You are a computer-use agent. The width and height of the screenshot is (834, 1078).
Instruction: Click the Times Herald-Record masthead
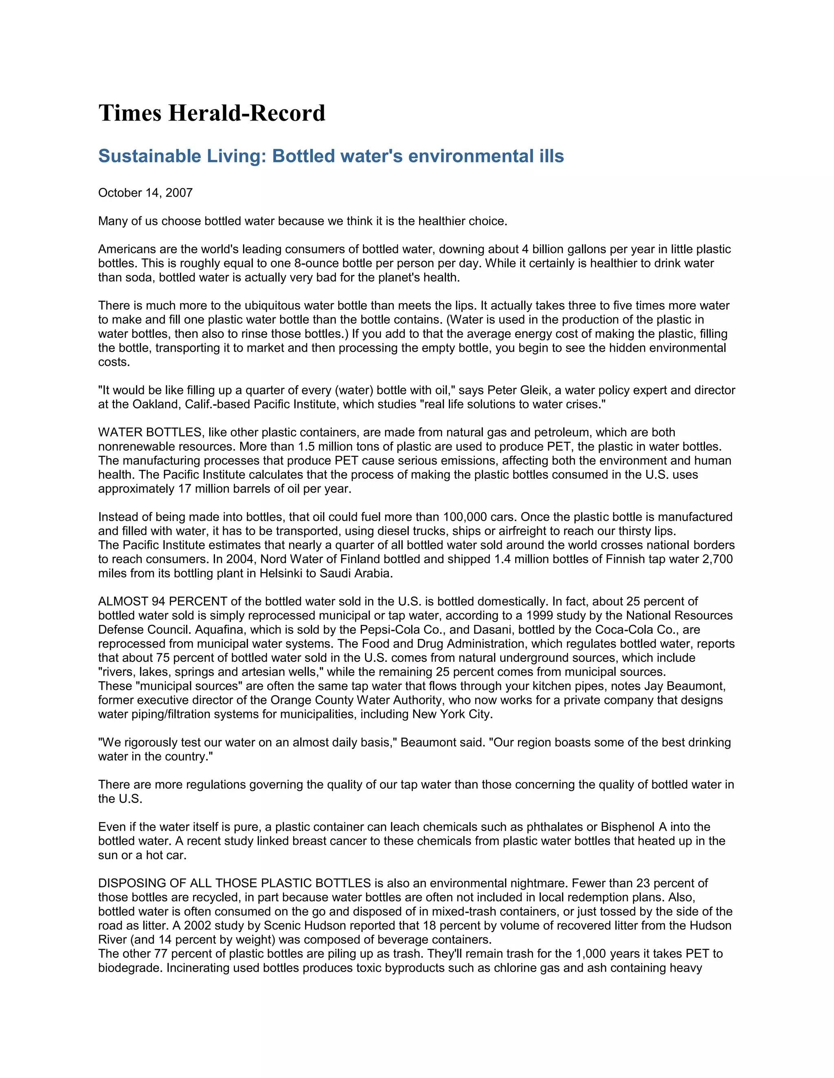point(211,113)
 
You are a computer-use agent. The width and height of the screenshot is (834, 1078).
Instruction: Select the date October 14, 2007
point(145,193)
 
